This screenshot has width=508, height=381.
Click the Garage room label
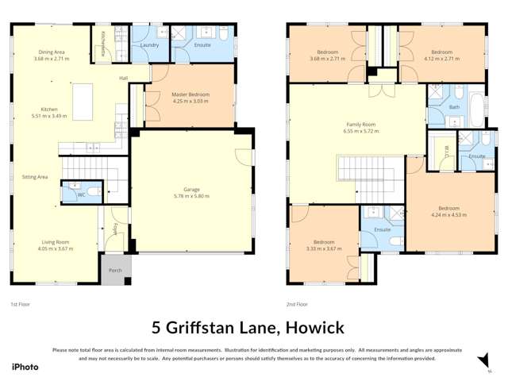click(x=191, y=189)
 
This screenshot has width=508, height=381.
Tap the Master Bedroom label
click(x=189, y=94)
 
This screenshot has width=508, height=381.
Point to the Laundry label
click(x=150, y=45)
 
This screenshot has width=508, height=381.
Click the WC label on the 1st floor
click(x=81, y=194)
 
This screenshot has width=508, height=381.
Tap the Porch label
click(x=115, y=270)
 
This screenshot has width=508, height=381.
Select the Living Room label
click(x=56, y=241)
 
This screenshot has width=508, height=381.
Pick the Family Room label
click(x=361, y=125)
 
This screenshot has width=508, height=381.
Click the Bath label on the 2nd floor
click(x=454, y=106)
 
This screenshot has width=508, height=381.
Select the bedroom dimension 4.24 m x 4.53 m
click(x=445, y=214)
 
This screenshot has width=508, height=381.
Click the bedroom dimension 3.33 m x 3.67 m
click(x=323, y=248)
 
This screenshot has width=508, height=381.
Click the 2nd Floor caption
click(x=295, y=304)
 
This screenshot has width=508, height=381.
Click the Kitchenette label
click(x=102, y=38)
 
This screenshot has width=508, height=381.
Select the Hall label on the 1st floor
click(x=124, y=78)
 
